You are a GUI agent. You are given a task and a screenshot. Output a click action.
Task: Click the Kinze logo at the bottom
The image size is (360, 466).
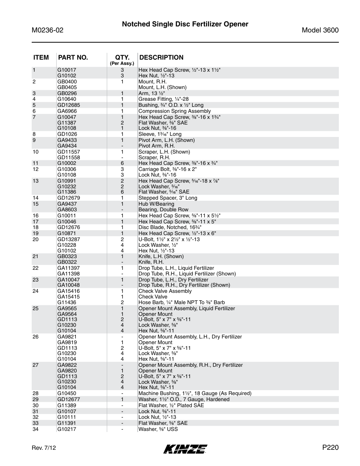click(x=185, y=449)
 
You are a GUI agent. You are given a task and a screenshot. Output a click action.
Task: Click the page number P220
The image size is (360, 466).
click(x=330, y=448)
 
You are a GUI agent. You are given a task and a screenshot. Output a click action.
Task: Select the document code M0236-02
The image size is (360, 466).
click(x=48, y=30)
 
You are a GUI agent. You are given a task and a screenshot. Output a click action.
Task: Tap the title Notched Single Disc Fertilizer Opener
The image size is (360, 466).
click(x=185, y=24)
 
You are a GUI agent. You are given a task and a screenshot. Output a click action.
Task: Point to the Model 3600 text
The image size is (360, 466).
click(x=320, y=30)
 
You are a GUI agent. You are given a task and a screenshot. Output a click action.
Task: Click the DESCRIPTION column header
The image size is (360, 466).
click(x=161, y=57)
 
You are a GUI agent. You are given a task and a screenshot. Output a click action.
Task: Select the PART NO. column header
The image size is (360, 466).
click(x=72, y=57)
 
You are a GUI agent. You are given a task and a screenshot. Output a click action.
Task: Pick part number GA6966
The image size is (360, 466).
click(x=67, y=111)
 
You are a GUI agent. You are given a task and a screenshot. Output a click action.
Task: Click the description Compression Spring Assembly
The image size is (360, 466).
click(x=174, y=111)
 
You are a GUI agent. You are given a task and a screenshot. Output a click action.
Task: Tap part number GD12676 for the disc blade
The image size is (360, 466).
click(x=68, y=227)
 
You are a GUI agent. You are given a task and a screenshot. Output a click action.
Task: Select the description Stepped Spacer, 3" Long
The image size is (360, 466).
click(x=168, y=198)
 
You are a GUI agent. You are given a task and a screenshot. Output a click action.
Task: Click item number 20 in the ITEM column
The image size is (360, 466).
click(x=35, y=239)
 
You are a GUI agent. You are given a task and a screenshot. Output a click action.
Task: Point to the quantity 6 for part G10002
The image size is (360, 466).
click(x=122, y=163)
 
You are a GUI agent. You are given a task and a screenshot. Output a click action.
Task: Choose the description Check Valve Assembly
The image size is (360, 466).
click(x=165, y=291)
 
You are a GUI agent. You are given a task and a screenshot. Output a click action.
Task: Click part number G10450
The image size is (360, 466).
click(x=67, y=393)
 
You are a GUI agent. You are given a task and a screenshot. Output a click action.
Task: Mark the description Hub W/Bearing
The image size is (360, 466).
click(x=156, y=204)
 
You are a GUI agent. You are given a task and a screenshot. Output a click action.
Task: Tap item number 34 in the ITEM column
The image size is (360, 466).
click(x=35, y=429)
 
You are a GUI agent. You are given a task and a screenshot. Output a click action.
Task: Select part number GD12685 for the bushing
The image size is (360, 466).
click(x=68, y=105)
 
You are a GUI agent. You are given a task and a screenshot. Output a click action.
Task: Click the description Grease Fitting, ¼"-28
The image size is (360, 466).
click(x=163, y=99)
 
